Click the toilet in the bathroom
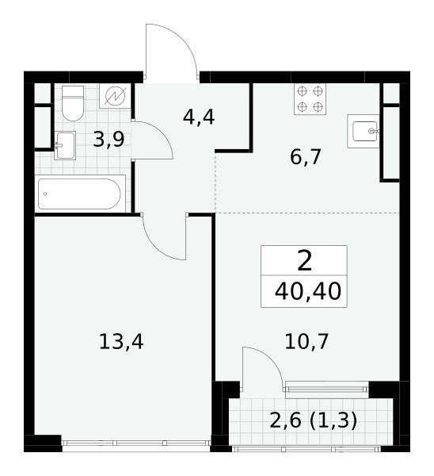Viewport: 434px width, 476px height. (x=72, y=103)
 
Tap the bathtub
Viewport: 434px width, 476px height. (x=80, y=194)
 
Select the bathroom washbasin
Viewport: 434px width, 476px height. (x=65, y=145)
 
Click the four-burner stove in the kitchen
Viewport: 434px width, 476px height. (x=310, y=99)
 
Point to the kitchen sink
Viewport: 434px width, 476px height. (x=364, y=131)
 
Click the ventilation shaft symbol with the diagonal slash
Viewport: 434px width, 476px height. (x=115, y=96)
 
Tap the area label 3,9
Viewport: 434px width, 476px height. (x=108, y=140)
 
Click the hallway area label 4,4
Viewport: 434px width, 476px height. (x=199, y=117)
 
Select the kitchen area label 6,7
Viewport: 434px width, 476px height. (x=305, y=157)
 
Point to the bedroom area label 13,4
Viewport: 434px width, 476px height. (x=121, y=341)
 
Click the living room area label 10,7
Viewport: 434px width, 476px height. (x=306, y=341)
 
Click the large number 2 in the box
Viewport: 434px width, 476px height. (x=305, y=261)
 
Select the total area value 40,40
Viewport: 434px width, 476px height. (x=308, y=291)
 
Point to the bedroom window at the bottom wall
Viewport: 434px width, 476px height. (x=136, y=443)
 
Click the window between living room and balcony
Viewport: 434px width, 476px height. (x=326, y=390)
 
